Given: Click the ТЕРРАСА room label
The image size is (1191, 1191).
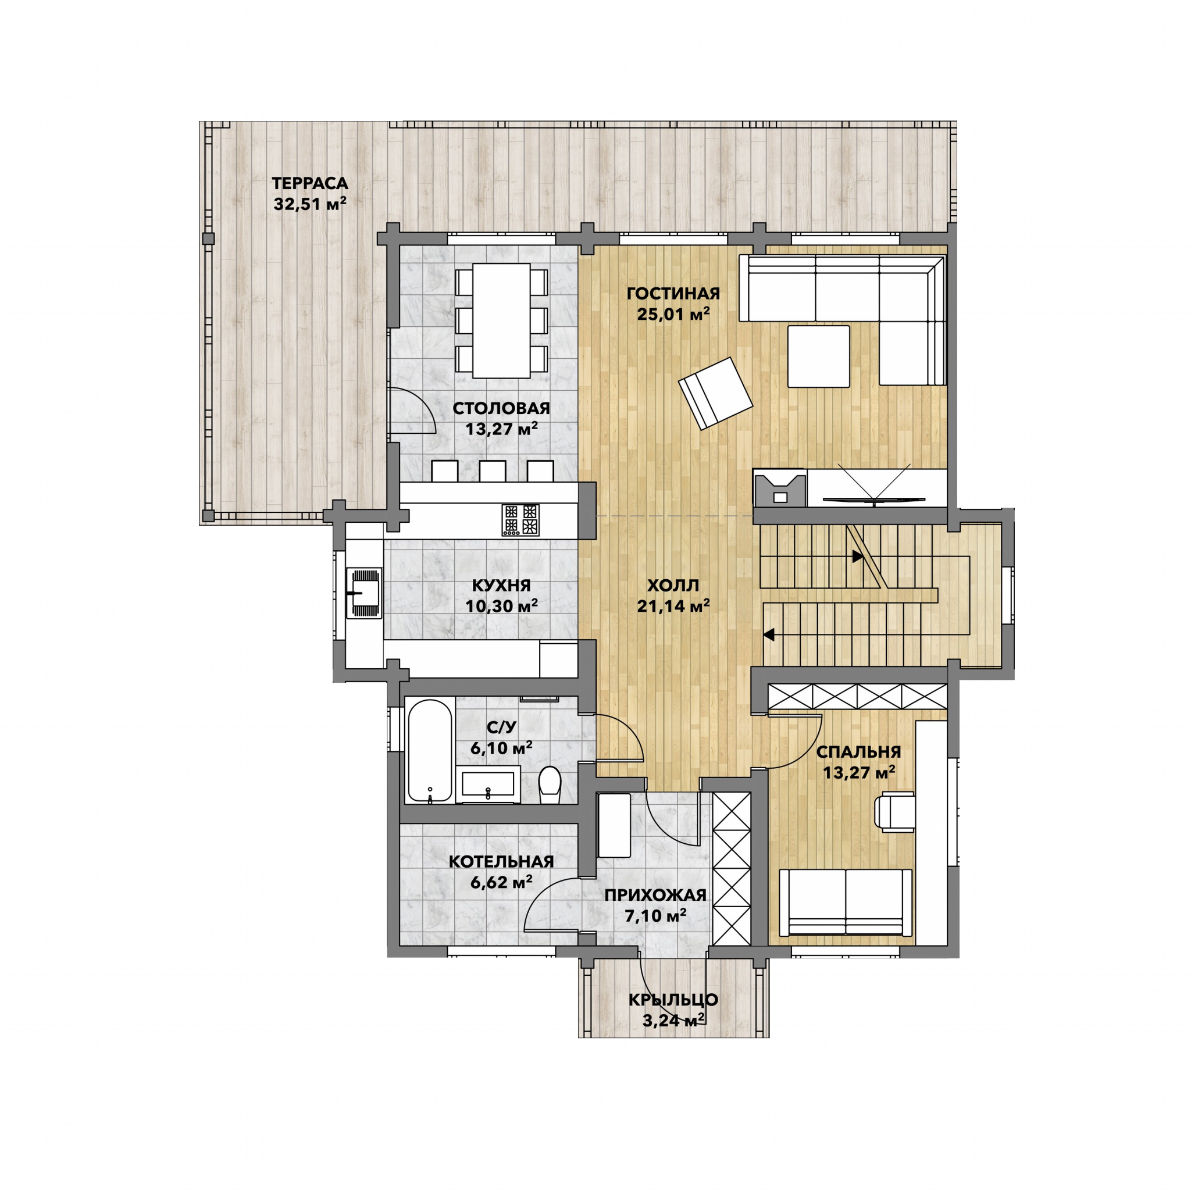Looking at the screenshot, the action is click(x=310, y=183).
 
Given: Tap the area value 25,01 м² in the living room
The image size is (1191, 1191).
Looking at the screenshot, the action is click(x=673, y=314).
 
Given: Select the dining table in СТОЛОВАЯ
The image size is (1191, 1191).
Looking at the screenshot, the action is click(x=501, y=320).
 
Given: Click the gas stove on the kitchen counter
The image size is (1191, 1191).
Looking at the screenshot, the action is click(x=520, y=520).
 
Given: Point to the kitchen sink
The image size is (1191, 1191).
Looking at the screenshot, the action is click(x=363, y=593).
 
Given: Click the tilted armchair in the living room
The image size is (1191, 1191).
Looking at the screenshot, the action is click(x=715, y=393).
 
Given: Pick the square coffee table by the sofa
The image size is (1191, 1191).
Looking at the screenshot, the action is click(x=819, y=356).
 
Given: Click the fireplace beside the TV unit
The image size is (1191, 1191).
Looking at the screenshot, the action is click(x=780, y=488).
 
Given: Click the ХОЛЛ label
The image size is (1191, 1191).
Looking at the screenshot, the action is click(x=673, y=585).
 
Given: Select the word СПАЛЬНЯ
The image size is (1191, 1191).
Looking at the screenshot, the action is click(x=859, y=752).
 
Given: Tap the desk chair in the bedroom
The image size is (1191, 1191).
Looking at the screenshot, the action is click(x=894, y=811).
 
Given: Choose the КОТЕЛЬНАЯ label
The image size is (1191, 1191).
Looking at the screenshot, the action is click(x=501, y=862).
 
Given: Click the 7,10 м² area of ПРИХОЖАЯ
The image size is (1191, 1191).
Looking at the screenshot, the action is click(x=655, y=915).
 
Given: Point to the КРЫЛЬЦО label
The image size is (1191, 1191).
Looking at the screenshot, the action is click(x=673, y=1000).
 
